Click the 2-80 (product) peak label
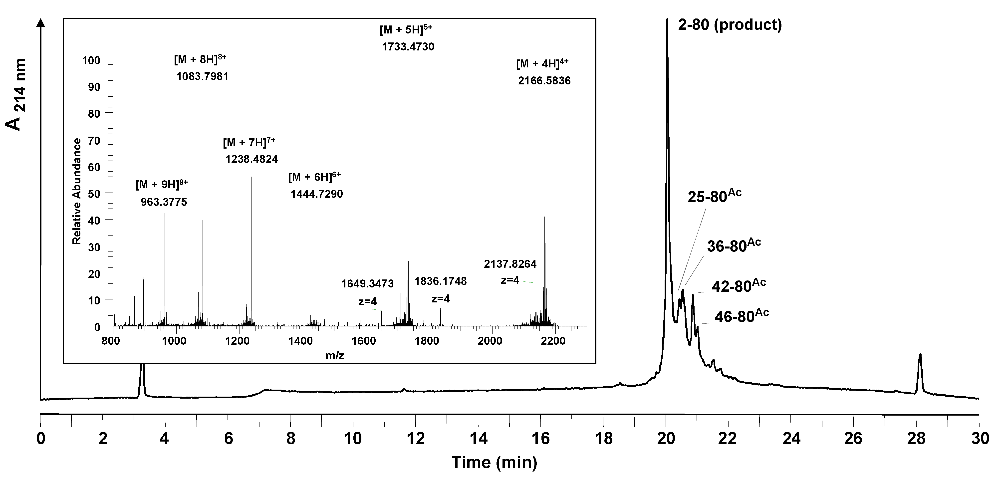(x=730, y=25)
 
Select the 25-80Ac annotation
(x=714, y=197)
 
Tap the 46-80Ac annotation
(x=742, y=316)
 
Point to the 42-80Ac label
(x=738, y=285)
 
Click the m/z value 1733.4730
(x=408, y=47)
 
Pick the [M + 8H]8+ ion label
(x=200, y=59)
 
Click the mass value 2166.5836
(x=544, y=81)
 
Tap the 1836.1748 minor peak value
(x=441, y=281)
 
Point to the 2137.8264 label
(x=510, y=264)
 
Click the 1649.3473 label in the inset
(x=367, y=284)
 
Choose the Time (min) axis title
(x=494, y=462)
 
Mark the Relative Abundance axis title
(x=77, y=191)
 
